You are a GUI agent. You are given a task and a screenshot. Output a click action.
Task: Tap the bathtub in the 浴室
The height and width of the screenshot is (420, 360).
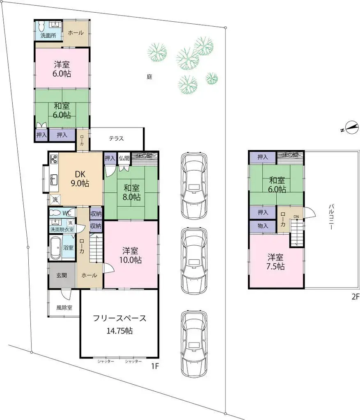pos(56,247)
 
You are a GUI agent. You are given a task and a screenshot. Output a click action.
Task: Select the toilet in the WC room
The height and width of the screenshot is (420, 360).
pos(55,213)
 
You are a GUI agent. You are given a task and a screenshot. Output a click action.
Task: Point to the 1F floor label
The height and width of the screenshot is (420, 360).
pos(155,366)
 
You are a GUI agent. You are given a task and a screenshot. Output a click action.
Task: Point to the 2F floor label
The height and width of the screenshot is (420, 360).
pos(355,297)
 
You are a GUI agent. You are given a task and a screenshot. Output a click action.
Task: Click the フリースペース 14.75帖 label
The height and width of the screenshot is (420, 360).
pos(119,324)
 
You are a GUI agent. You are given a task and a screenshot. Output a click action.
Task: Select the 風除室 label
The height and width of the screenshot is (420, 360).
pos(64,307)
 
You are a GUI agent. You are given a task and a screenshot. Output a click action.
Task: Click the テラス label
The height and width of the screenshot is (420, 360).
pos(116,138)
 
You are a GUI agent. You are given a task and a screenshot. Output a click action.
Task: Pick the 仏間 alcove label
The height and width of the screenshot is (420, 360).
pos(124,158)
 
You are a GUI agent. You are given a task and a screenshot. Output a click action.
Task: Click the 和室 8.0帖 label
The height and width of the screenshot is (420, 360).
pos(132,192)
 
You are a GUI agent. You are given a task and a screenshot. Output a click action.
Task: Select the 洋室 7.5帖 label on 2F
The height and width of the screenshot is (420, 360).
pos(276,262)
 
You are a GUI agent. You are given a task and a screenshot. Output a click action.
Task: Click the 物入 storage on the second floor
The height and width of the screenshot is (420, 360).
pos(263,226)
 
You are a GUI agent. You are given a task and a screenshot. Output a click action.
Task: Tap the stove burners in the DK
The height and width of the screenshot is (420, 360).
pos(53,158)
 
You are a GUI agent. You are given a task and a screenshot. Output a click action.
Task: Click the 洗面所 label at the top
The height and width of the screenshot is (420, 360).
pos(48,36)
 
